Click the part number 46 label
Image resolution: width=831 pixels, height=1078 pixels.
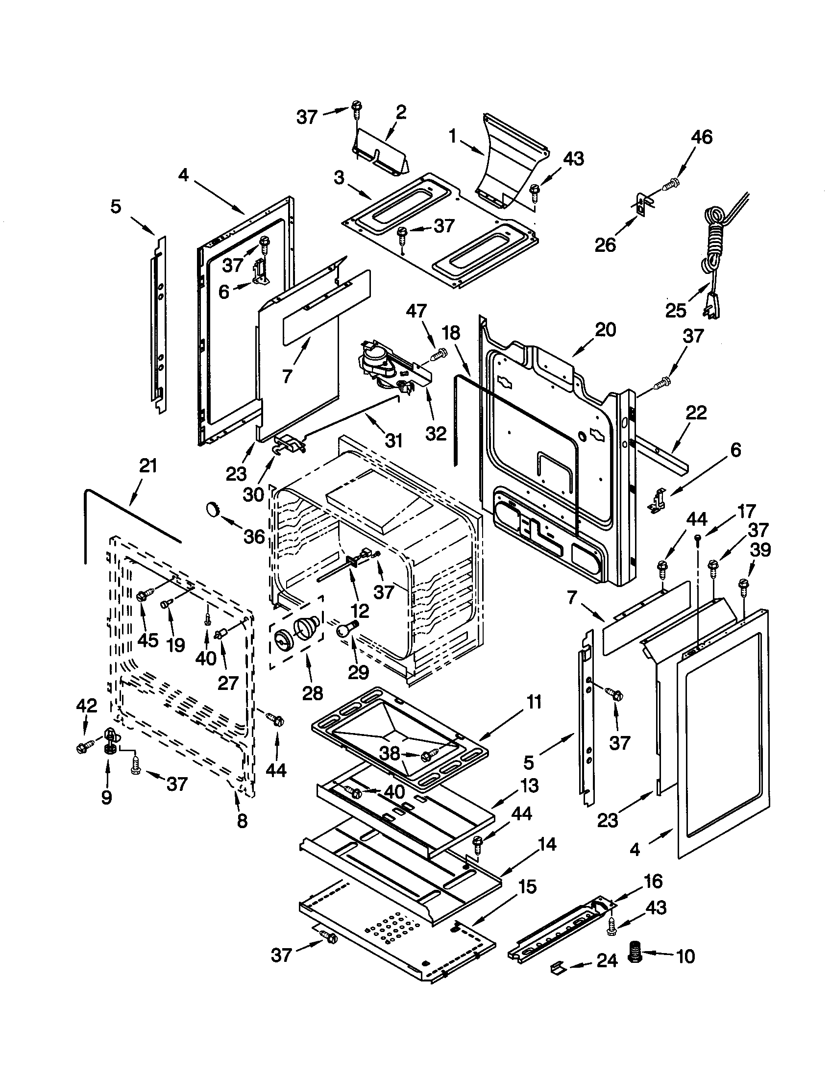(701, 137)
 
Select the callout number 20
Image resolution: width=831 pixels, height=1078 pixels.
(605, 330)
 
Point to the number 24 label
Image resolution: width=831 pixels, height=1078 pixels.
(607, 960)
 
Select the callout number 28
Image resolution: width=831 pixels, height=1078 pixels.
(313, 693)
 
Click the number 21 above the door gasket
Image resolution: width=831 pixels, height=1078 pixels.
(148, 465)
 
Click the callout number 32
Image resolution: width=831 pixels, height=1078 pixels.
(436, 433)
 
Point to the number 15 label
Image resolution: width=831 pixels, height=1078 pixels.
(527, 886)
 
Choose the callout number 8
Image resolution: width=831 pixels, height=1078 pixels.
(242, 821)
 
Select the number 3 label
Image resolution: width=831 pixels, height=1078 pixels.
(339, 178)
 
